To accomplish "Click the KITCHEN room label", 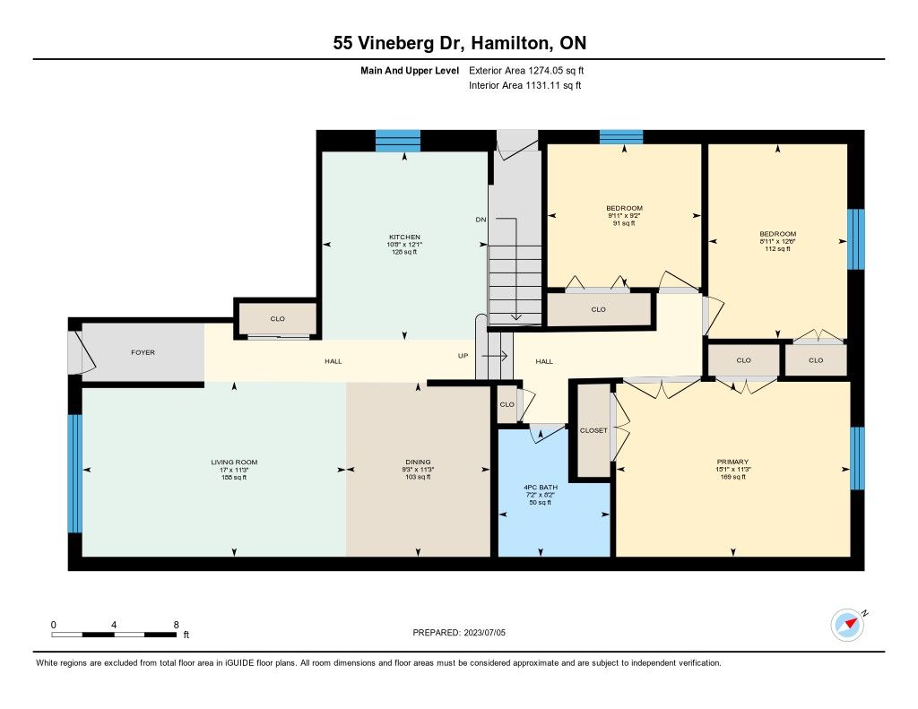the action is (x=404, y=238).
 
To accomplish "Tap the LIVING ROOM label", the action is (x=234, y=462).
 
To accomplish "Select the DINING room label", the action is (x=418, y=462).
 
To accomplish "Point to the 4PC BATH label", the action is (x=541, y=487).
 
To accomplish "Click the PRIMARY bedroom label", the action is (x=732, y=462).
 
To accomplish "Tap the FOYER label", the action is (x=143, y=352).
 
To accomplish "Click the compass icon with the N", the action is (x=848, y=625).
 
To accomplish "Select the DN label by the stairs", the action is (x=481, y=220).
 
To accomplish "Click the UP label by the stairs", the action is (x=463, y=356).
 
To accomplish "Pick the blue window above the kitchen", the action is (x=398, y=141).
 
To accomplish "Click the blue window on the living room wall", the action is (x=75, y=473).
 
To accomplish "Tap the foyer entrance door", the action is (x=81, y=352).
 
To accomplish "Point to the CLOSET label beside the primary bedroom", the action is (x=593, y=430).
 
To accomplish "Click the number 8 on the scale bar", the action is (x=177, y=625).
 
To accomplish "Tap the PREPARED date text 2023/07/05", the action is (x=485, y=633).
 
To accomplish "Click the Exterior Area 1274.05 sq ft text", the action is (x=526, y=71).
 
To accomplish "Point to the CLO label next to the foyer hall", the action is (x=278, y=319).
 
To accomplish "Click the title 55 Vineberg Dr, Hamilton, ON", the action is (x=460, y=43).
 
